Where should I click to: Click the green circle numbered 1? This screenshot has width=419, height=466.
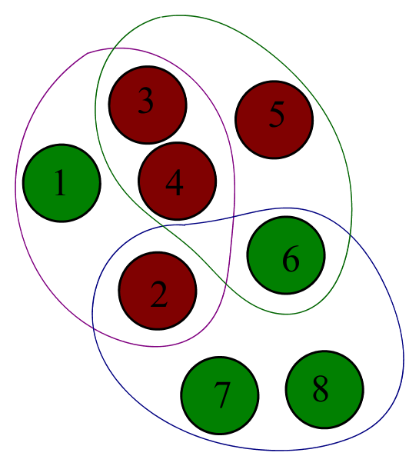pyautogui.click(x=62, y=183)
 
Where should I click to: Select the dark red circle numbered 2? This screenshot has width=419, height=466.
pyautogui.click(x=158, y=291)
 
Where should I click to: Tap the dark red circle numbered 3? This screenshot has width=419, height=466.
pyautogui.click(x=148, y=105)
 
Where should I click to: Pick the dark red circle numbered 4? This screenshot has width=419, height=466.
pyautogui.click(x=177, y=181)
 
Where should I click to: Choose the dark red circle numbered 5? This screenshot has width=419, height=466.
pyautogui.click(x=274, y=119)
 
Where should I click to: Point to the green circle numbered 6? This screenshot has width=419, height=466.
pyautogui.click(x=286, y=255)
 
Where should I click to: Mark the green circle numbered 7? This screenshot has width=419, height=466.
pyautogui.click(x=220, y=395)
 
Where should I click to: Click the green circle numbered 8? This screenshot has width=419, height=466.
pyautogui.click(x=324, y=390)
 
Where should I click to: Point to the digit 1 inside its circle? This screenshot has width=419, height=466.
pyautogui.click(x=60, y=185)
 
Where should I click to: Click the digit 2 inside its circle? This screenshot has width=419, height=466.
pyautogui.click(x=158, y=295)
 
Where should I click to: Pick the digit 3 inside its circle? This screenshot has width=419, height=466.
pyautogui.click(x=145, y=102)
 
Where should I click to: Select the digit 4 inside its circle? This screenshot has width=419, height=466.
pyautogui.click(x=175, y=184)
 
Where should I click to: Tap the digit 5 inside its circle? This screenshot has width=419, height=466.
pyautogui.click(x=277, y=115)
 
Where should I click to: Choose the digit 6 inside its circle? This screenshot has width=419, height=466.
pyautogui.click(x=290, y=260)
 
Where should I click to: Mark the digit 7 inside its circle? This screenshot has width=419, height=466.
pyautogui.click(x=222, y=396)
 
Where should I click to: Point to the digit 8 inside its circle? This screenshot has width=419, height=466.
pyautogui.click(x=321, y=389)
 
